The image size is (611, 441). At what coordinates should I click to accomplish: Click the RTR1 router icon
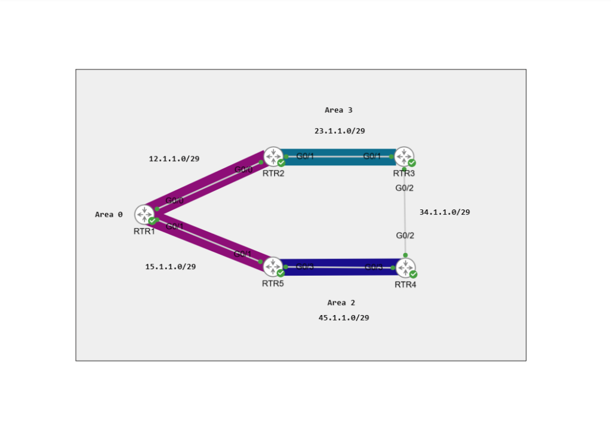144,214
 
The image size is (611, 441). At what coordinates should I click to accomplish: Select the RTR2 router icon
273,156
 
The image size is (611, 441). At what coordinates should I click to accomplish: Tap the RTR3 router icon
404,156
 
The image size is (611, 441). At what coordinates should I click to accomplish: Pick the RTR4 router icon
405,267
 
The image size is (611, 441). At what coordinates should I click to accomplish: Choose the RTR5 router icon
273,267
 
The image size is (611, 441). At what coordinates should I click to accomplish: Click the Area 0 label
109,214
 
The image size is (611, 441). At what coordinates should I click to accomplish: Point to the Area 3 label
338,110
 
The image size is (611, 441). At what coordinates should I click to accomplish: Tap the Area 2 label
341,303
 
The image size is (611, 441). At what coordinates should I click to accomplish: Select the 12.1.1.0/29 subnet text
174,159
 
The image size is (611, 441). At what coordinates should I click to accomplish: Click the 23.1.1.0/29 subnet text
340,131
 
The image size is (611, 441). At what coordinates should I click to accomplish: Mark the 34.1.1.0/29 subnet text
445,212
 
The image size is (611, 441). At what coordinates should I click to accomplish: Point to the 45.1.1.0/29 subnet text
344,317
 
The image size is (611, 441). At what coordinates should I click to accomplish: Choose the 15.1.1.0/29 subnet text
170,267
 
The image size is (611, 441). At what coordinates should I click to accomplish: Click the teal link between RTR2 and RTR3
338,157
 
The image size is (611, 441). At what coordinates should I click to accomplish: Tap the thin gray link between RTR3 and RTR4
405,212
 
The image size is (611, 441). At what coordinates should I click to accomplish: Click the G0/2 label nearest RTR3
405,188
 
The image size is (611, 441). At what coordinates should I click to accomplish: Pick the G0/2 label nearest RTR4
405,235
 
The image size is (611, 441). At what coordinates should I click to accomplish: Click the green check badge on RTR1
152,221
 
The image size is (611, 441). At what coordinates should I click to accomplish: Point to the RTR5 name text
273,283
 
